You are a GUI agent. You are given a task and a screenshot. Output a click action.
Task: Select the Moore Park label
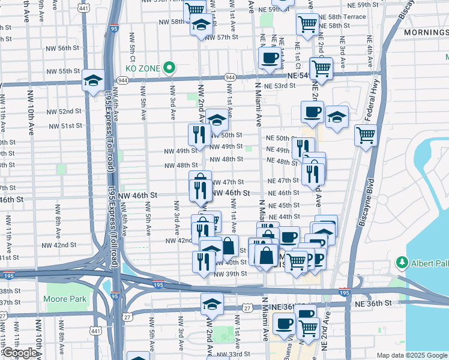click(65, 299)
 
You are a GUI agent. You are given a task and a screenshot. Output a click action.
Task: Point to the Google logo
click(20, 353)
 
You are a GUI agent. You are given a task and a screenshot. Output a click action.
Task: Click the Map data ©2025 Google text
click(412, 355)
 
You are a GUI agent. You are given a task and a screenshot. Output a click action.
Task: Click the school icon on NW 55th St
click(93, 81)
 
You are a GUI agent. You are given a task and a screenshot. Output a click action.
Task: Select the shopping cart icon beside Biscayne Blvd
click(365, 135)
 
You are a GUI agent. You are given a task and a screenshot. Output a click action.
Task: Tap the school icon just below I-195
click(212, 304)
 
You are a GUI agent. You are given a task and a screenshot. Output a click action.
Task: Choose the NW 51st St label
click(66, 126)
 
